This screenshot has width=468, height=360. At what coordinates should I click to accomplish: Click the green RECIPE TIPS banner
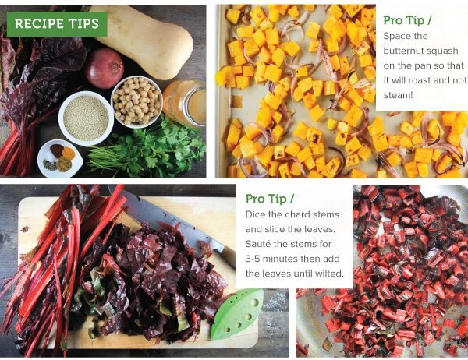pos(57,24)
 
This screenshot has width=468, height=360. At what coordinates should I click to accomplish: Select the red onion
pos(104,69)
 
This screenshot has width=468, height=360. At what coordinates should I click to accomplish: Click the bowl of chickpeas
pos(136,102)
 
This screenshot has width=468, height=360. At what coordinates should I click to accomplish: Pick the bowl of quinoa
pos(86,118)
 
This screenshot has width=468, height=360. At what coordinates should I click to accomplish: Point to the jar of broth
pos(185,103)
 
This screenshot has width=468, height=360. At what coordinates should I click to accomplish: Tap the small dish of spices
pos(60,158)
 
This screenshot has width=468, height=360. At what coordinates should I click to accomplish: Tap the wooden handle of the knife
pos(228,256)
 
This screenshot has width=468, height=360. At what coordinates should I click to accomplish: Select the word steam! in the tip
pos(398,95)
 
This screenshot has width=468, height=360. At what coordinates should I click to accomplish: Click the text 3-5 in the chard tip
pos(253,259)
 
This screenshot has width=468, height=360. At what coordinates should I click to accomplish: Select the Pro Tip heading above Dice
pos(270,199)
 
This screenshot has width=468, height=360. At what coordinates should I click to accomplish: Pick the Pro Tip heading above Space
pos(407,20)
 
